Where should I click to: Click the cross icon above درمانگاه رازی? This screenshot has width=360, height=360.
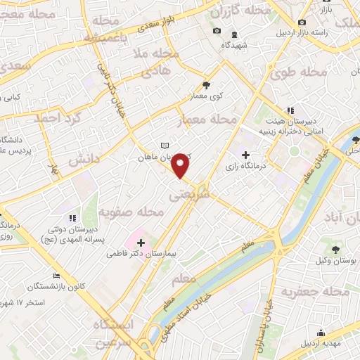(x=245, y=155)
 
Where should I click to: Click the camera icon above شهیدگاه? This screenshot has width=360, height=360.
(x=217, y=31)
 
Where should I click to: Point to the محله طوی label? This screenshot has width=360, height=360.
(x=307, y=72)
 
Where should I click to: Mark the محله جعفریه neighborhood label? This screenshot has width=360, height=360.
(x=323, y=291)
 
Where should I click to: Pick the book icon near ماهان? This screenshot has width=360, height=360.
(x=165, y=145)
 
